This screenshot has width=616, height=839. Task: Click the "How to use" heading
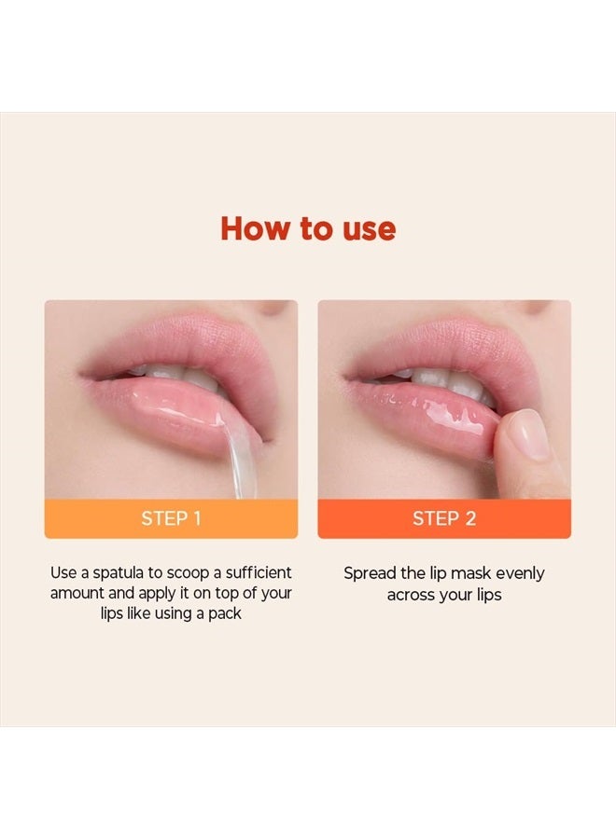308,229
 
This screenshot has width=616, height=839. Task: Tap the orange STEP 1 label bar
171,518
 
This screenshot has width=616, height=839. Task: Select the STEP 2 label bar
444,518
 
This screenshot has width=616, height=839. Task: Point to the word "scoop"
186,572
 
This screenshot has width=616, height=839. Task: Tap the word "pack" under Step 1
225,613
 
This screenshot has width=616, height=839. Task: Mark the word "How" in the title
252,229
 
